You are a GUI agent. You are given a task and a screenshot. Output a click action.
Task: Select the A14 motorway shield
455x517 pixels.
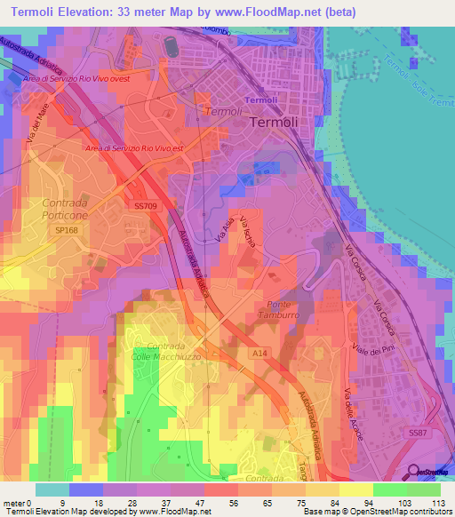click(253, 353)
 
